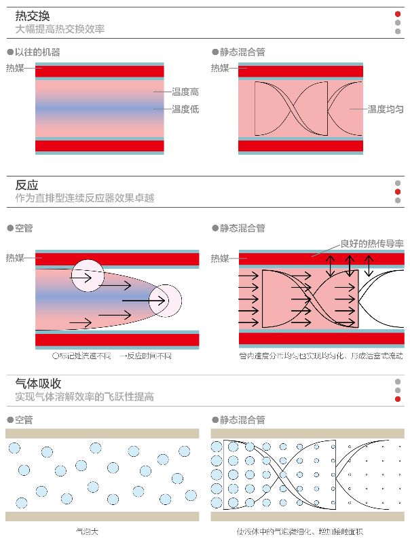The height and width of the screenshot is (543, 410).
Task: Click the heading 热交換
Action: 33,16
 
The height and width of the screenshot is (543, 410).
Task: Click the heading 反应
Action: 26,185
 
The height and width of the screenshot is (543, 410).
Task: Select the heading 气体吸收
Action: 38,383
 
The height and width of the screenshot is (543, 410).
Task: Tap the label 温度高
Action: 185,92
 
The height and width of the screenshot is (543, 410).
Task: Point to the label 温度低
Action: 185,109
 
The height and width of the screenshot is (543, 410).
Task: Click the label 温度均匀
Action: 386,109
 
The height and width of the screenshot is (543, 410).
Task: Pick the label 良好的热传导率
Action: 372,242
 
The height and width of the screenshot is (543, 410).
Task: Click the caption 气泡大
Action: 88,531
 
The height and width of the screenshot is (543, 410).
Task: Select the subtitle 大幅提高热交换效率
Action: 60,29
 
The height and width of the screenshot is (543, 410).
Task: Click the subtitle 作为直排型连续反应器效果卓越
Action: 84,198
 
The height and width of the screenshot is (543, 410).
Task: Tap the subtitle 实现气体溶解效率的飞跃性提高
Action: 84,396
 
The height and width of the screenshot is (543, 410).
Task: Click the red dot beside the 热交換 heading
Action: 398,14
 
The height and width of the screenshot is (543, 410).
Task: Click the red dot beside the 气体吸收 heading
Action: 398,398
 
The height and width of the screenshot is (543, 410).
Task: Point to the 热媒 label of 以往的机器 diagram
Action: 14,68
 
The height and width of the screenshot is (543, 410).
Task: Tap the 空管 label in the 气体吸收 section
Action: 23,419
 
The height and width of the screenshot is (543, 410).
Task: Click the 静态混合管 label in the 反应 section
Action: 242,228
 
